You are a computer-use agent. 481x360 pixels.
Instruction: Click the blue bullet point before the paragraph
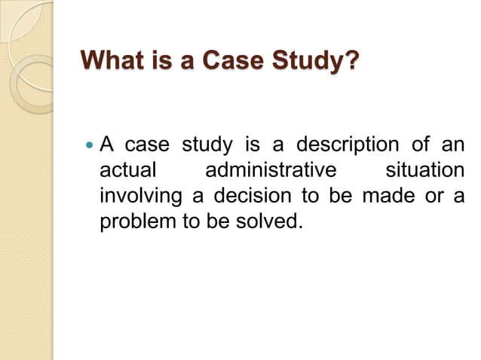(x=89, y=143)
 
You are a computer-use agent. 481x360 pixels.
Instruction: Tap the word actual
(x=128, y=170)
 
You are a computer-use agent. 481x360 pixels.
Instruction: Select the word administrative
(x=270, y=170)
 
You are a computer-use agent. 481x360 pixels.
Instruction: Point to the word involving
(x=142, y=197)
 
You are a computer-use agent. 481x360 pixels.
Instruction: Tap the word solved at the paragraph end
(x=265, y=224)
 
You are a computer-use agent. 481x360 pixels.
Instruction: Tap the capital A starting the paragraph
(x=107, y=143)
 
